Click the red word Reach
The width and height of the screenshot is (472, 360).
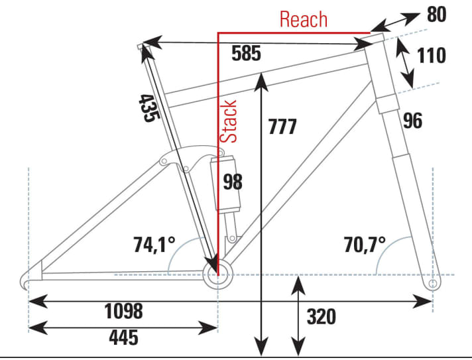[x=303, y=19]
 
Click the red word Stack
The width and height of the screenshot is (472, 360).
[x=229, y=121]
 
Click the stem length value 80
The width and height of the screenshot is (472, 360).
[x=436, y=14]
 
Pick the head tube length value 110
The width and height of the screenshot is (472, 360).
[x=431, y=56]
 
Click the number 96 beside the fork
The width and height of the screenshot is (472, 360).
[x=412, y=120]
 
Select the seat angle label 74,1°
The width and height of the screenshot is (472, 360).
[x=152, y=245]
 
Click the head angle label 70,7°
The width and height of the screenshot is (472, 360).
[x=364, y=245]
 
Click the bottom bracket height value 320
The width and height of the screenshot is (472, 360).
[x=321, y=317]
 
